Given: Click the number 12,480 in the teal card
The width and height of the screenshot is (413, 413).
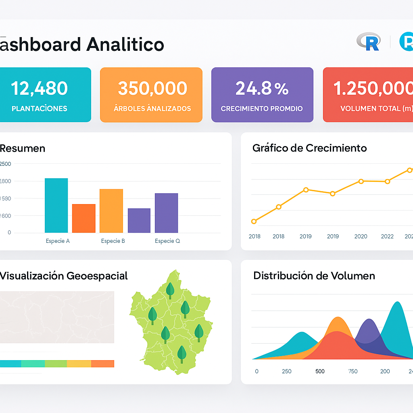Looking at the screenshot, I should click(39, 88).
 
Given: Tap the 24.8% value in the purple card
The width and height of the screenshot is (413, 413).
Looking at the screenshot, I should click(262, 88).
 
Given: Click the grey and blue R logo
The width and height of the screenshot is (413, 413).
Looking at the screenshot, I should click(368, 42).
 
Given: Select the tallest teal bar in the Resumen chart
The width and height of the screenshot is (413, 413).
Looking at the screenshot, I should click(56, 205).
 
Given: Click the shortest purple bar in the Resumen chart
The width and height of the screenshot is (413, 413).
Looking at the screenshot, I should click(139, 220).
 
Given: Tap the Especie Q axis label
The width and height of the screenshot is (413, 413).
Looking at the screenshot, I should click(167, 241).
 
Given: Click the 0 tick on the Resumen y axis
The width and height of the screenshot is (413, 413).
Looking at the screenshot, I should click(9, 233).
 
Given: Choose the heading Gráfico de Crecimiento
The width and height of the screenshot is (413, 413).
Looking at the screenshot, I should click(309, 148).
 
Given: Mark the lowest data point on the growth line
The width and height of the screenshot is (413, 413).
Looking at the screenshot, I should click(254, 221).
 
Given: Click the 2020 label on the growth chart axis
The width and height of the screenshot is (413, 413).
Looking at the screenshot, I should click(361, 236).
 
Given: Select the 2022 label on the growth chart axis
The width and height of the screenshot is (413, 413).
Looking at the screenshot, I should click(387, 236).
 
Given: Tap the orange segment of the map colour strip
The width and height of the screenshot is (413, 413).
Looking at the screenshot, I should click(102, 363).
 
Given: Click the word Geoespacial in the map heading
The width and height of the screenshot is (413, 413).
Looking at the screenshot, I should click(97, 276).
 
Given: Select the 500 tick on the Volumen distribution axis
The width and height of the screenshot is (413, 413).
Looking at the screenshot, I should click(320, 371).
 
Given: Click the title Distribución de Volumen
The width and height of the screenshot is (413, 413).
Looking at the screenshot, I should click(314, 276).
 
